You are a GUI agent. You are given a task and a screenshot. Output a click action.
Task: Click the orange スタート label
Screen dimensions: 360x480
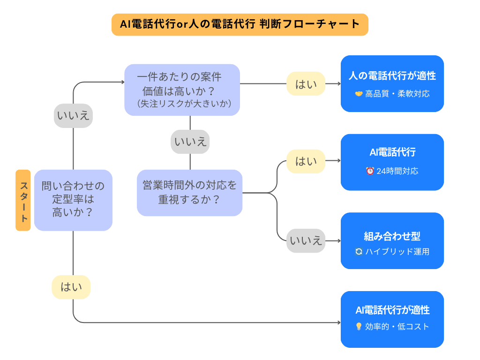[23, 200]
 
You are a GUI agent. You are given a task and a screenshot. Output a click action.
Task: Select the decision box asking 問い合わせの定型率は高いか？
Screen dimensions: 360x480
[73, 200]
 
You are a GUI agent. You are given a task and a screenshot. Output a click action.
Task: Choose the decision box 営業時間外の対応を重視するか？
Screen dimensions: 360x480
[189, 193]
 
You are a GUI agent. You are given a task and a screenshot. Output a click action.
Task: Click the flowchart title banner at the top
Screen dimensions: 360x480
[240, 24]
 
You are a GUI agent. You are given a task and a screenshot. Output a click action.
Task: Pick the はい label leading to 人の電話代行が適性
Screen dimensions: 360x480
[306, 84]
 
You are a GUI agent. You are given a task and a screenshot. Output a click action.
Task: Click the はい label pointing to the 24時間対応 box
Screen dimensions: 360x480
[306, 161]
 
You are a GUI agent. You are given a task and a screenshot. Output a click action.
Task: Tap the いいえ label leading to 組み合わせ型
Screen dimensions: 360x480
[306, 241]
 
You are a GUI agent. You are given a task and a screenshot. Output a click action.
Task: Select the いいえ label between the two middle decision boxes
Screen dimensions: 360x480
[190, 142]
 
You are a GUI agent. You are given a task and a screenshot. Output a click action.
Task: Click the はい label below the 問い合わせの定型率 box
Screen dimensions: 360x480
[71, 287]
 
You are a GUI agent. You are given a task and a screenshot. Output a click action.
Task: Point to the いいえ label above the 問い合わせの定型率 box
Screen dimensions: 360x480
[73, 115]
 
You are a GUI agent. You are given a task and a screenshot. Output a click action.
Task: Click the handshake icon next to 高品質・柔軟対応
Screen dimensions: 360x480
[359, 94]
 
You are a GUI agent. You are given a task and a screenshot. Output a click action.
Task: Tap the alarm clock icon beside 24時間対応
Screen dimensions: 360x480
[370, 171]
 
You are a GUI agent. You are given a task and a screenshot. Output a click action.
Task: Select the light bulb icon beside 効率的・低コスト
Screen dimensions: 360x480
[359, 327]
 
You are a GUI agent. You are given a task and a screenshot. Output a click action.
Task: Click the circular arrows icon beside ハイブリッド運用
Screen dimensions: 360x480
[359, 252]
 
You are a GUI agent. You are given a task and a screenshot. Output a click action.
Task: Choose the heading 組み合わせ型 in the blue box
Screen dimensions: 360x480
[392, 236]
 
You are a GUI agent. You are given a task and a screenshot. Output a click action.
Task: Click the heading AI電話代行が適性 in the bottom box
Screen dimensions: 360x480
[392, 310]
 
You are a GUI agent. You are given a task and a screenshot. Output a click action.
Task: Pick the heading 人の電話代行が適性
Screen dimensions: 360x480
[392, 76]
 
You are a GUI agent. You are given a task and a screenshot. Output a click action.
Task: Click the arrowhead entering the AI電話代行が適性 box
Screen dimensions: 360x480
[338, 322]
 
